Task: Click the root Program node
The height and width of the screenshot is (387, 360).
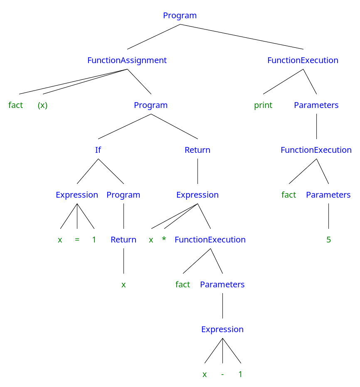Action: (x=180, y=16)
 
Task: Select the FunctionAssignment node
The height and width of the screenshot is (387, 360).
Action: (x=127, y=61)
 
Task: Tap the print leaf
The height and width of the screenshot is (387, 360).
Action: (x=263, y=105)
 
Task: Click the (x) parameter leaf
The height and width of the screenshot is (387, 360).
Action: (x=42, y=105)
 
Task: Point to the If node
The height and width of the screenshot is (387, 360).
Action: (x=98, y=150)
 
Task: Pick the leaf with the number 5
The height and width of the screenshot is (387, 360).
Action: (x=328, y=240)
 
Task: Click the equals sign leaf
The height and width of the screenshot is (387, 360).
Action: (x=77, y=240)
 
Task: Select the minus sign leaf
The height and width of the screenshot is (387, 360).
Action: (x=222, y=375)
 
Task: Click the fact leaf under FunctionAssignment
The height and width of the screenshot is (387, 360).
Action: (x=15, y=105)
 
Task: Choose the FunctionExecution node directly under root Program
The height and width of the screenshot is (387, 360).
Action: (x=303, y=61)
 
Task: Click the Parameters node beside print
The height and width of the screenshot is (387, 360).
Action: (x=316, y=105)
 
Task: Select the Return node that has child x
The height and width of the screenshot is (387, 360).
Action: (x=123, y=240)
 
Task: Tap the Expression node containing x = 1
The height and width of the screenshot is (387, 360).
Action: (x=77, y=195)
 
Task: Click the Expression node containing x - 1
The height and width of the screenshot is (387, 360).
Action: (x=222, y=330)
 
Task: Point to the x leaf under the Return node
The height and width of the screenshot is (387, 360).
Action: (x=123, y=285)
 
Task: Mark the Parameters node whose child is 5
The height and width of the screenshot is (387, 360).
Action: (x=328, y=195)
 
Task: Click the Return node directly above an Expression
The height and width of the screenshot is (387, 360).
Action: (x=197, y=150)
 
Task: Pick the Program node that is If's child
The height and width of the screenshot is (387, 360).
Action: (x=123, y=195)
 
